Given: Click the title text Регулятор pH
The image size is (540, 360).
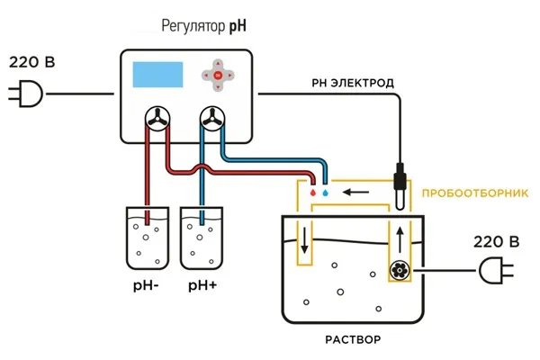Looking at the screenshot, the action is pos(204,26).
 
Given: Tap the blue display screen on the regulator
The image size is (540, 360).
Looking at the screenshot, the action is pos(157,75).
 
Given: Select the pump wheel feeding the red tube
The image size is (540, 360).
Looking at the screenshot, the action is pos(157,119).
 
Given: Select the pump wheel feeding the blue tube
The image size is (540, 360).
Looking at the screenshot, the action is pos(212,119).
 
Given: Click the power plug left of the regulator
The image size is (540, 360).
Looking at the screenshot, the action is pos(26,94).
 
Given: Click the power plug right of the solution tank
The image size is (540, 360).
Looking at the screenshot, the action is pos(496,270).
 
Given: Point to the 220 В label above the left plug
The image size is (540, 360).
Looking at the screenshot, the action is pos(32,62).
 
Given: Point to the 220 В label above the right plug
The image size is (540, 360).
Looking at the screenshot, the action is pos(496,242).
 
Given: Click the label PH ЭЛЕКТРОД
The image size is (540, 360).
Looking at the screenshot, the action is pos(353,83).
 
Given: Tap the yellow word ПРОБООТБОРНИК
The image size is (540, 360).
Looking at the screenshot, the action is pos(475,193).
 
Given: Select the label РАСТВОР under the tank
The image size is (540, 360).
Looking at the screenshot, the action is pos(353,339).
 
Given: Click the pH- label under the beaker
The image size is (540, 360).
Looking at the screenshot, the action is pos(146,286).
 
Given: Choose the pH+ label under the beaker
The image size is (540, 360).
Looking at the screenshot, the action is pos(202,286).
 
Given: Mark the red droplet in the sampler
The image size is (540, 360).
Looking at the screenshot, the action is pos(312,193).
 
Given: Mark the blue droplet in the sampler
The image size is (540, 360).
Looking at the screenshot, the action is pos(325,193).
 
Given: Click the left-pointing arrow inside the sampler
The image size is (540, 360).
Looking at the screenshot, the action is pos(355,192).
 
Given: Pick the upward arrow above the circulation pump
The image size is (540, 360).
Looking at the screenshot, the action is pos(400,239).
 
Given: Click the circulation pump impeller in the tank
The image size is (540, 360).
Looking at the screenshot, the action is pos(400,270).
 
